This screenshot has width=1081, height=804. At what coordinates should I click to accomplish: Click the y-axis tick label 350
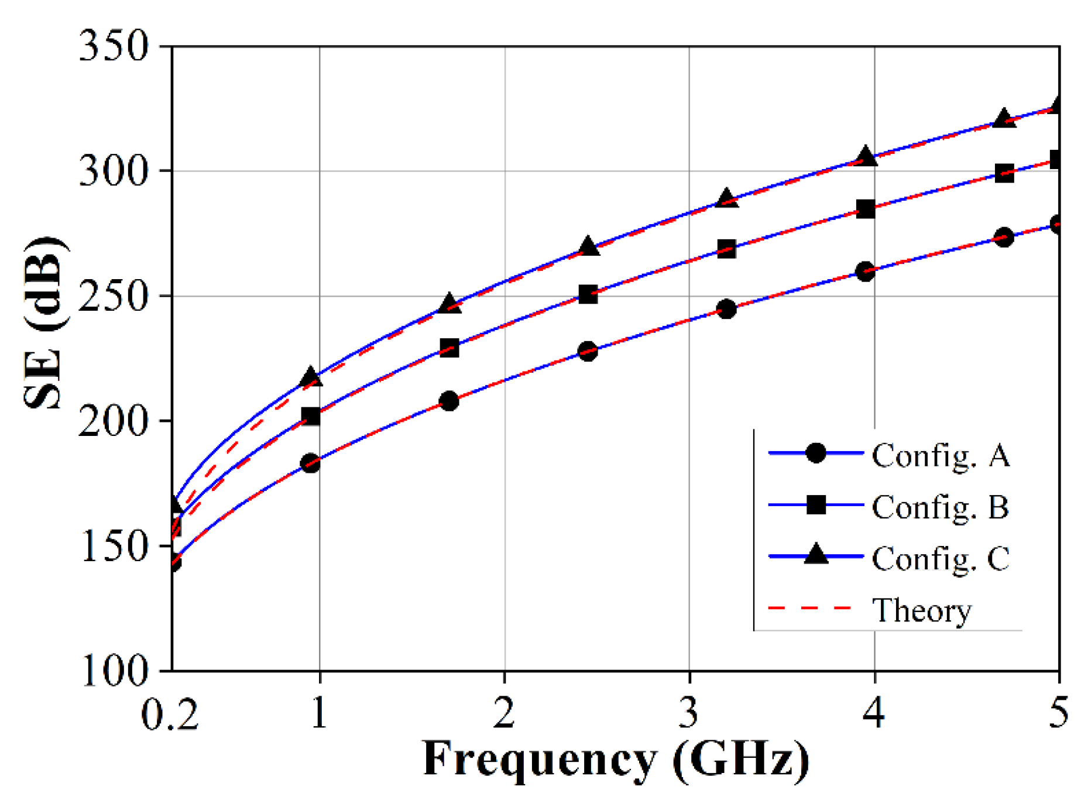(114, 46)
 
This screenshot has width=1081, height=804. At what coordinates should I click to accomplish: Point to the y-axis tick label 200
(114, 421)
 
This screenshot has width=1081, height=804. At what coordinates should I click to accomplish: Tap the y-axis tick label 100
(114, 671)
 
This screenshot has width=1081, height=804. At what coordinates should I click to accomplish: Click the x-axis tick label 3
(689, 713)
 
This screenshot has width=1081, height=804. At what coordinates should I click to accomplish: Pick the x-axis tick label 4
(874, 713)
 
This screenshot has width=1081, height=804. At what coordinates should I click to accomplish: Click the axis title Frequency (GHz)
(616, 760)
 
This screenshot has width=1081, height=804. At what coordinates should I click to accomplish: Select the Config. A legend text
(940, 455)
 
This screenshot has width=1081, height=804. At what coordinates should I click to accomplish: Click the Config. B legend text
(940, 507)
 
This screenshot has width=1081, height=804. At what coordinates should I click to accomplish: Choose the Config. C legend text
(940, 558)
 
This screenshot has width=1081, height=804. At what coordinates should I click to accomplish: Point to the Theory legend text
(921, 610)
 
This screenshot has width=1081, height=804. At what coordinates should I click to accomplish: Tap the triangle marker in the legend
(816, 554)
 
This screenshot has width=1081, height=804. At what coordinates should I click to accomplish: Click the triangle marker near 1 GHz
(311, 377)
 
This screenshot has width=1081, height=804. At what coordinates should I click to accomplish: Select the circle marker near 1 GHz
(310, 463)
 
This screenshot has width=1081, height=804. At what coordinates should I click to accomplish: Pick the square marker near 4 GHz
(866, 209)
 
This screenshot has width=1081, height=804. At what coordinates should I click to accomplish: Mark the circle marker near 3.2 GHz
(726, 309)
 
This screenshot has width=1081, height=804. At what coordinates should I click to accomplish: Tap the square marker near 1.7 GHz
(449, 349)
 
